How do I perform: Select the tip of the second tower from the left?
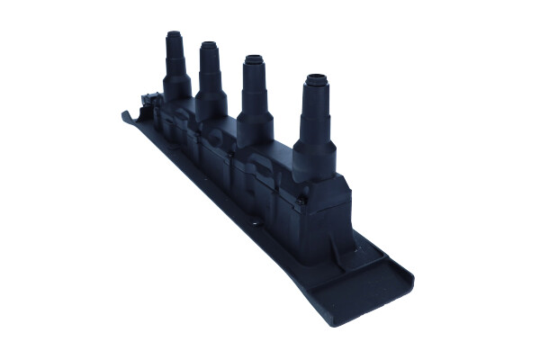209,46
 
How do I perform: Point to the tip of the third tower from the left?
255,61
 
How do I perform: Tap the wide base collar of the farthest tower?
176,86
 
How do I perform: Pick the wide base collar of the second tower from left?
211,104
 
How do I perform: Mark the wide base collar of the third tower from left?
256,127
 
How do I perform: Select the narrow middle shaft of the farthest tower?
175,61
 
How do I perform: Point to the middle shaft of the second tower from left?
210,74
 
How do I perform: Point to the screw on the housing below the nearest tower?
304,193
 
